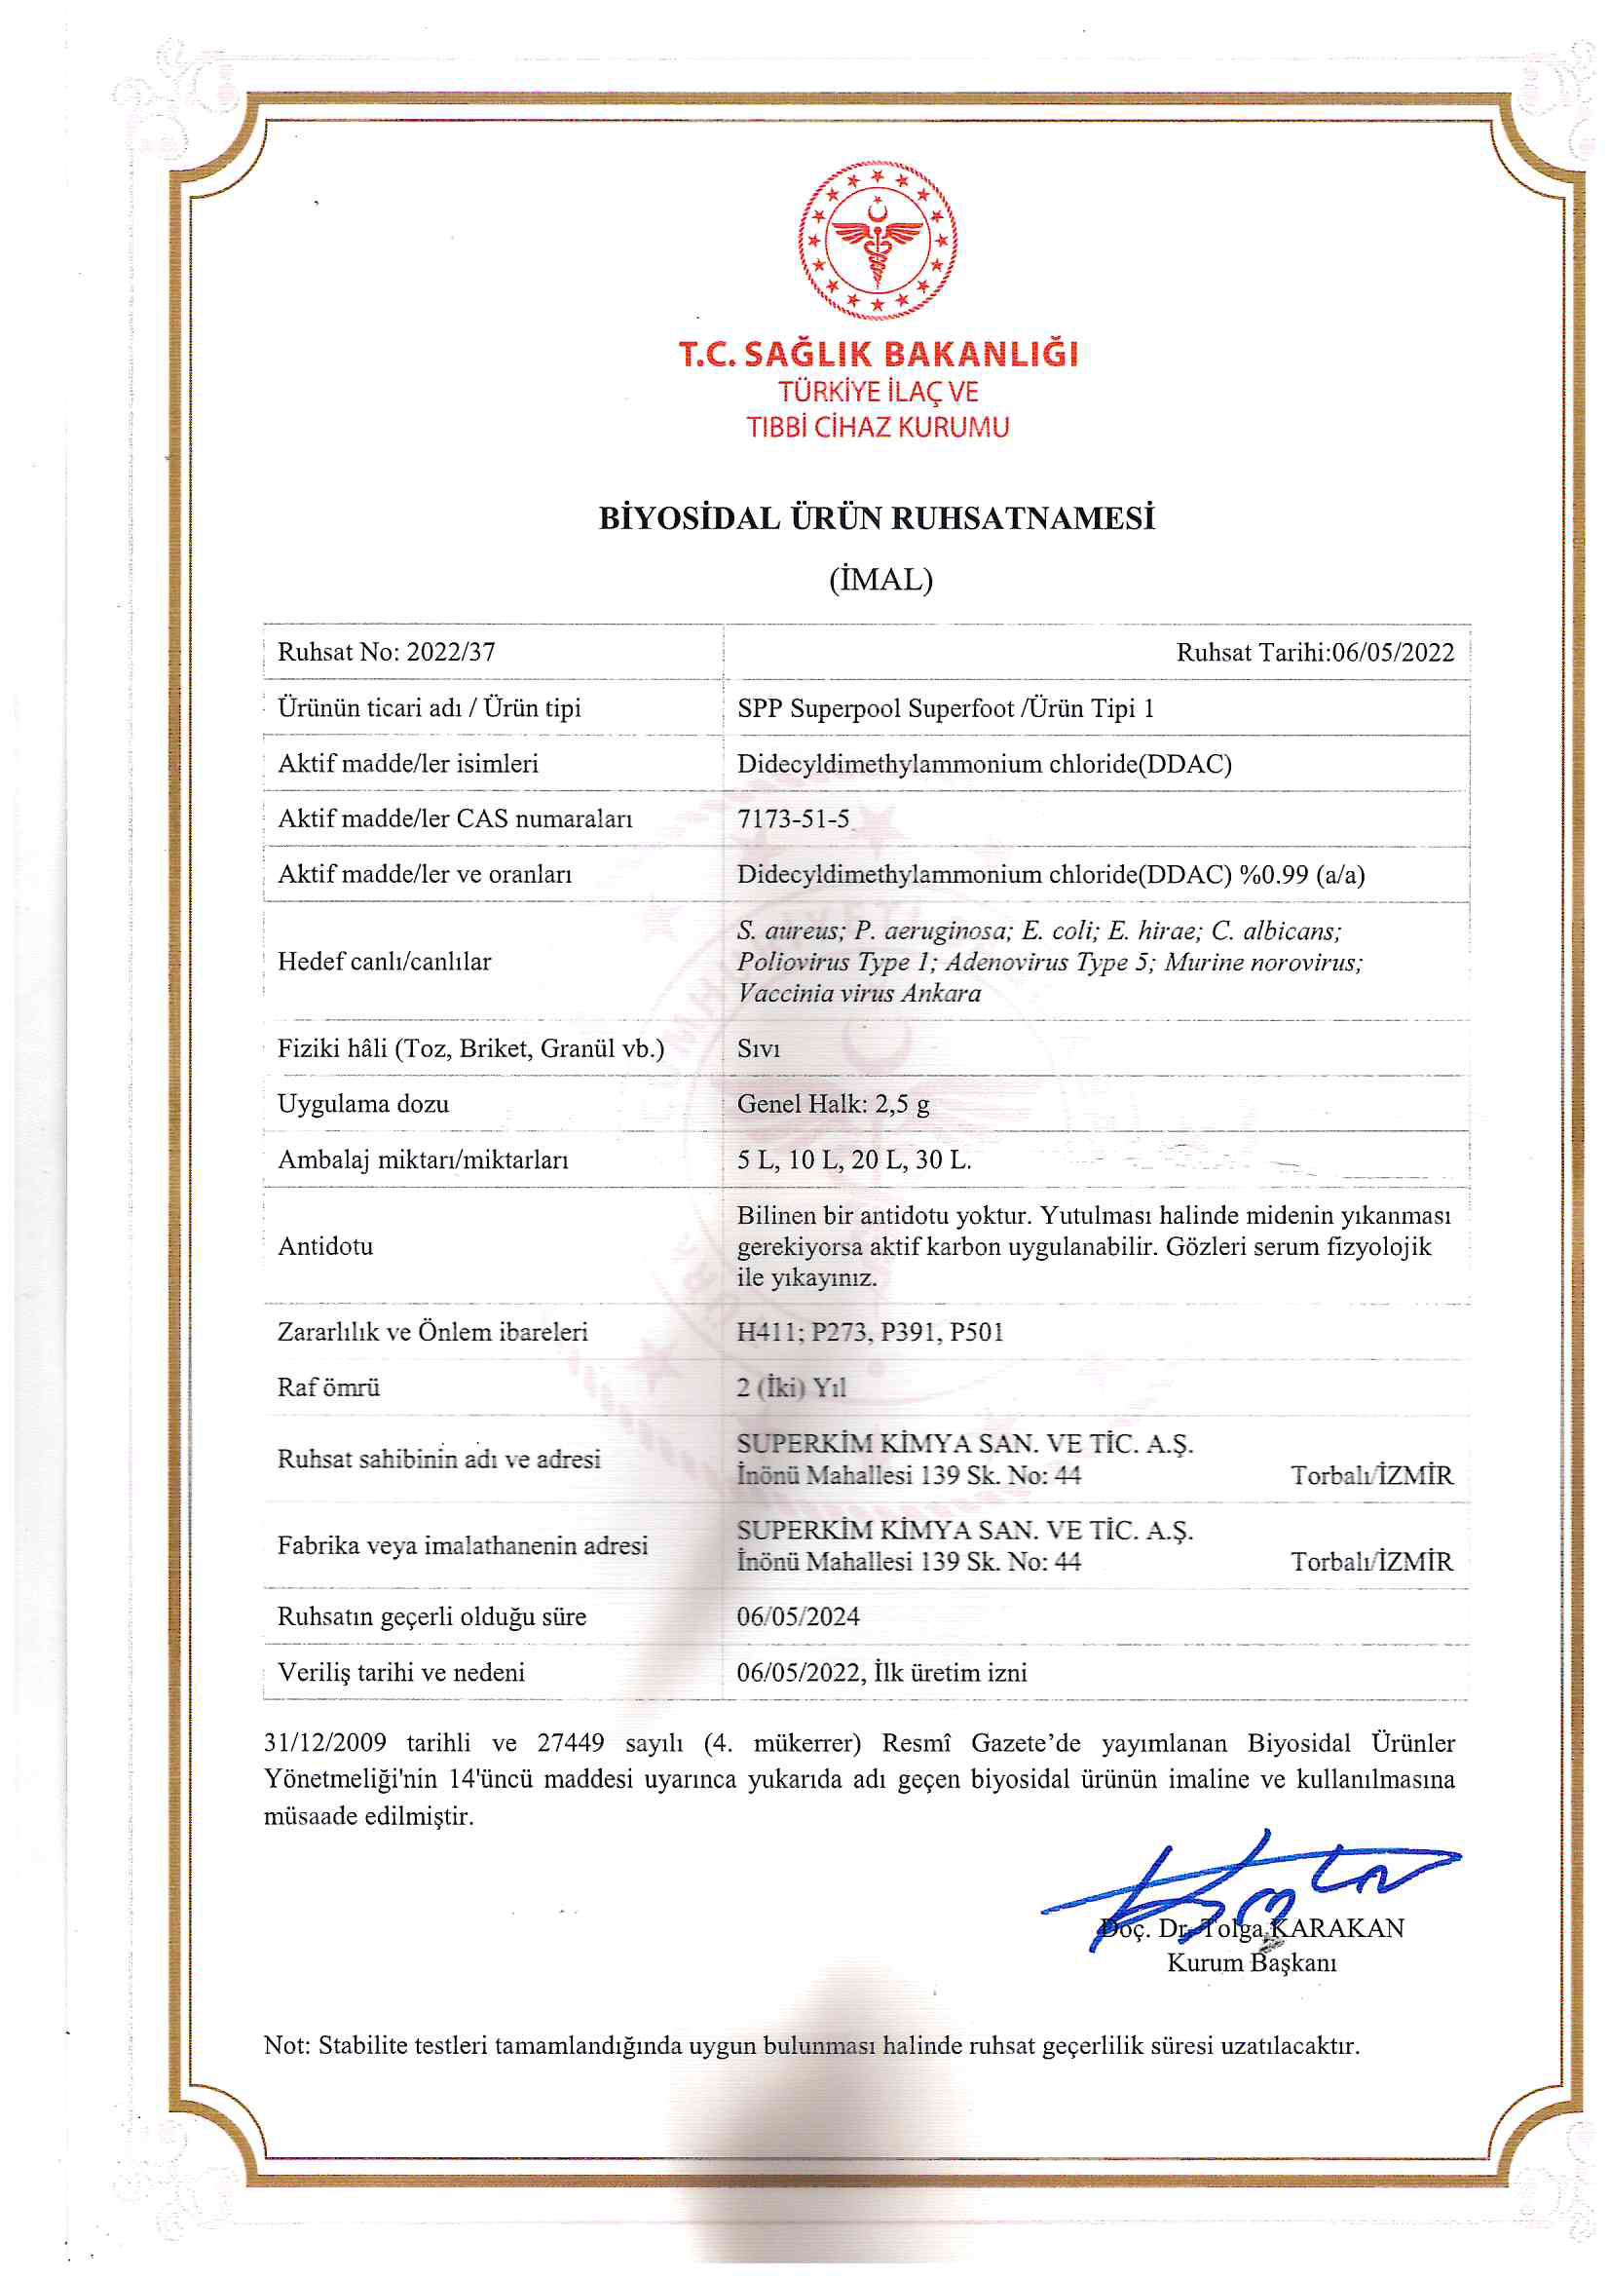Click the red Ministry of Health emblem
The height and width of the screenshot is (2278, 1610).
coord(877,240)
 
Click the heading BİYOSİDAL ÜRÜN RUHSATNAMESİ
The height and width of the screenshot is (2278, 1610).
coord(877,519)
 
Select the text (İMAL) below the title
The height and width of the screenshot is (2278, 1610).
coord(880,580)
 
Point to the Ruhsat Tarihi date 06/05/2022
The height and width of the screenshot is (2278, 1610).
coord(1393,653)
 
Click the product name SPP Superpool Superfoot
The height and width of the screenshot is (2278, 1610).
coord(875,708)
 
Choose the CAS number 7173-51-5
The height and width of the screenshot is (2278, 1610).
coord(794,818)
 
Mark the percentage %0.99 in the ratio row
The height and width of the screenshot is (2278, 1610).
coord(1274,874)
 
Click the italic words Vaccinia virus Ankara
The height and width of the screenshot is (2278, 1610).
coord(859,993)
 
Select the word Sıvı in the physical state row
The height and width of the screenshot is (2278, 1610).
coord(759,1048)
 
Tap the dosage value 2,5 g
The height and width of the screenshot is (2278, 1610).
coord(902,1104)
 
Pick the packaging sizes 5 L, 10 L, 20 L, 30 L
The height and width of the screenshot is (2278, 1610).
coord(854,1159)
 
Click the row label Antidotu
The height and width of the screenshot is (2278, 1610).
coord(325,1246)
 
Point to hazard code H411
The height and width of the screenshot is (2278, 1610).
coord(768,1332)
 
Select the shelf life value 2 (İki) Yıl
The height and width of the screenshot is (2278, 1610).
coord(791,1387)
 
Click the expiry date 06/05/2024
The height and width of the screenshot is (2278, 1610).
coord(798,1617)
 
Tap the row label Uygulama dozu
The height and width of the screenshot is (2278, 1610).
coord(363,1104)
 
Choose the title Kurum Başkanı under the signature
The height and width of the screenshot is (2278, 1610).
coord(1251,1962)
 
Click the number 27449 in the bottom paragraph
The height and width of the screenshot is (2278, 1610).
coord(571,1743)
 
